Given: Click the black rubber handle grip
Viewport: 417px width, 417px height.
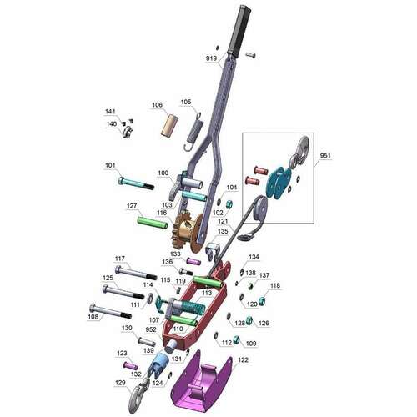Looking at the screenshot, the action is click(x=239, y=31).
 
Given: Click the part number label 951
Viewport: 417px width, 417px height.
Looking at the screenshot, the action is click(x=325, y=156).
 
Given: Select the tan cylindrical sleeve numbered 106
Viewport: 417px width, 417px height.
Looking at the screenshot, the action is click(x=169, y=126).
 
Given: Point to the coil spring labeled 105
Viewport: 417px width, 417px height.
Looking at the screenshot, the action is click(x=194, y=131).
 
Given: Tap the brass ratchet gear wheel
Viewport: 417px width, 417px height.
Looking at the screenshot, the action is click(x=188, y=231).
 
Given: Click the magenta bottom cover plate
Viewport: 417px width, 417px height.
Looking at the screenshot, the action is click(x=201, y=383).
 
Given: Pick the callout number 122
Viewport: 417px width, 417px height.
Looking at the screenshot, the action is click(x=243, y=360).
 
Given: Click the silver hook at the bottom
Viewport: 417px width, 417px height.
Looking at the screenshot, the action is click(x=138, y=395).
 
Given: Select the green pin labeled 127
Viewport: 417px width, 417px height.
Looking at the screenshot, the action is click(x=153, y=224).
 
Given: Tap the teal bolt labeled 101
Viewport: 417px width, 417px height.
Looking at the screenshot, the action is click(x=136, y=183).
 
